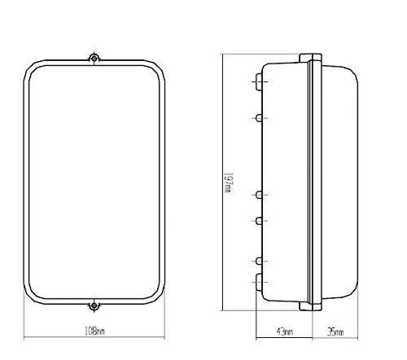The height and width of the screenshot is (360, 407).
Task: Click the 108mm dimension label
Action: pyautogui.click(x=94, y=331)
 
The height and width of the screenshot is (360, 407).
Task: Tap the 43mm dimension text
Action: pyautogui.click(x=284, y=331)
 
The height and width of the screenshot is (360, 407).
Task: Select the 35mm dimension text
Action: pyautogui.click(x=335, y=331)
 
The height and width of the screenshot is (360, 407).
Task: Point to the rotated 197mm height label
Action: pyautogui.click(x=229, y=182)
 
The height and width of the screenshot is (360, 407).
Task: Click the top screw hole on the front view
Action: pyautogui.click(x=94, y=58)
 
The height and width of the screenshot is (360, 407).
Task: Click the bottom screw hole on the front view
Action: pyautogui.click(x=94, y=305)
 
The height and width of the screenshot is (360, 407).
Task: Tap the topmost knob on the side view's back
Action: pyautogui.click(x=259, y=81)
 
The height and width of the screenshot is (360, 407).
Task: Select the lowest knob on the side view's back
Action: pyautogui.click(x=259, y=283)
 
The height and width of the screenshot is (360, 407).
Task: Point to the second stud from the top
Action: pyautogui.click(x=259, y=118)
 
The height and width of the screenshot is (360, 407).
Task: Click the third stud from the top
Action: pyautogui.click(x=259, y=195)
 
